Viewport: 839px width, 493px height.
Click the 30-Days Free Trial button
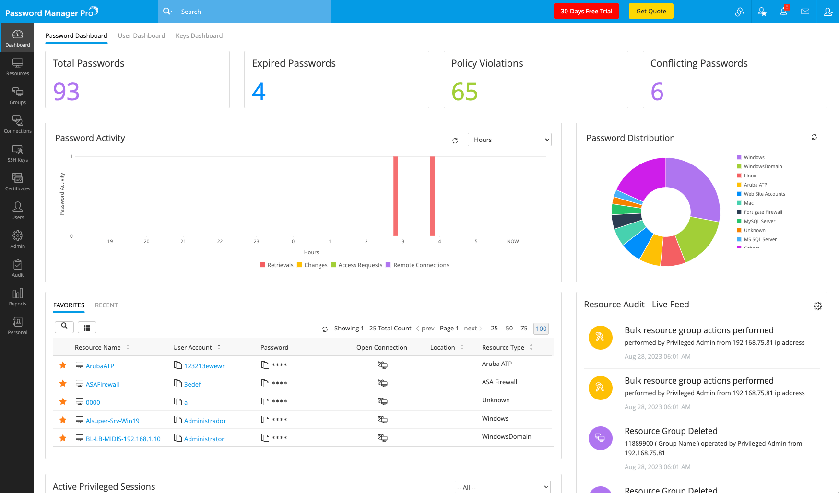click(586, 12)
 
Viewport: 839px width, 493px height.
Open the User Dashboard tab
click(141, 36)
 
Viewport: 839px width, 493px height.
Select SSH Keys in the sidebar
click(18, 153)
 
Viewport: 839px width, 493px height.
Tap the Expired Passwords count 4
click(259, 92)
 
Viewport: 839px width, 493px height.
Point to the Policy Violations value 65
click(464, 92)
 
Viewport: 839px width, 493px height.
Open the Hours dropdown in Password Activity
click(509, 140)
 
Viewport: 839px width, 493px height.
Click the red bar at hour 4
click(432, 196)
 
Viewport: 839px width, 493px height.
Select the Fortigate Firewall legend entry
click(763, 212)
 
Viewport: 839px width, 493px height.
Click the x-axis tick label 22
click(220, 242)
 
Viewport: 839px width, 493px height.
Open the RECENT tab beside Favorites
click(106, 305)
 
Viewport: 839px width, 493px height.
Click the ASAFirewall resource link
click(102, 384)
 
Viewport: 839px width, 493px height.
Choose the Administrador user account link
click(205, 421)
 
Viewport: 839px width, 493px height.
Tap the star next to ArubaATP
click(63, 365)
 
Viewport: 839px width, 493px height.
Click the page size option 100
click(541, 329)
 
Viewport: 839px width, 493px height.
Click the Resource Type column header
click(503, 347)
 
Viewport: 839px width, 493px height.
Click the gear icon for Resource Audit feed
click(817, 306)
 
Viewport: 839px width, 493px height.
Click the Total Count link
click(394, 329)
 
